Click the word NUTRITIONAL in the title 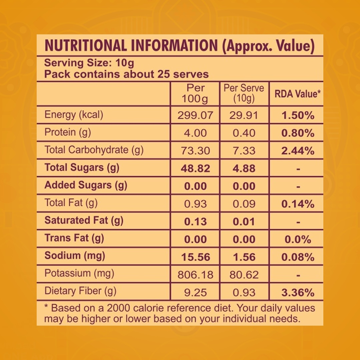tap(85, 45)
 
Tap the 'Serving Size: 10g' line tap(89, 63)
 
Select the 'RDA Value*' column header tap(298, 94)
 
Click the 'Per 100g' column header tap(195, 93)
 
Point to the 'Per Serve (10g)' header tap(244, 93)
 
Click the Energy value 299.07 tap(195, 115)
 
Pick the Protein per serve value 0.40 tap(244, 133)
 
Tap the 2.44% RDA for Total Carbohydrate tap(298, 151)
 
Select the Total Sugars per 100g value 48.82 tap(195, 169)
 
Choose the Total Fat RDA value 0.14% tap(298, 204)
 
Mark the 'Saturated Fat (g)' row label tap(84, 221)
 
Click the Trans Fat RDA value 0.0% tap(298, 239)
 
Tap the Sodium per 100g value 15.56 tap(196, 257)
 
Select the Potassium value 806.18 tap(195, 275)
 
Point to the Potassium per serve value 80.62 tap(244, 275)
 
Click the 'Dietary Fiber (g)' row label tap(80, 291)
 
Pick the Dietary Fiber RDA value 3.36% tap(298, 293)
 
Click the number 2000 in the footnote tap(118, 308)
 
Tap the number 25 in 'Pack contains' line tap(163, 74)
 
